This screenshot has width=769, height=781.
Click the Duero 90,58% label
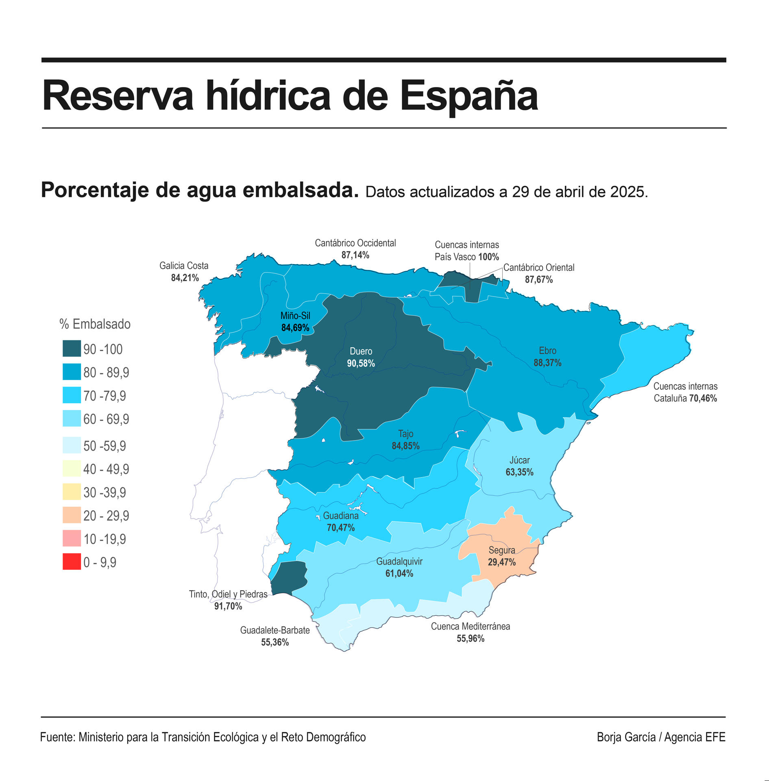(361, 357)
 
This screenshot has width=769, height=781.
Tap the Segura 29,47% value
(501, 562)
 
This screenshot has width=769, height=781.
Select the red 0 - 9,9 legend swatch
(72, 562)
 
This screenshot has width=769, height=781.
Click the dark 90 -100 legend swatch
(72, 349)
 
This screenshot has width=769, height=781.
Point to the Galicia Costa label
(184, 266)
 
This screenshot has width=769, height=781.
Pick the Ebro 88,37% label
(547, 357)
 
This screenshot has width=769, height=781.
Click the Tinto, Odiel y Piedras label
(228, 594)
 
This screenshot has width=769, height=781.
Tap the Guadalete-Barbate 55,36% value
(275, 642)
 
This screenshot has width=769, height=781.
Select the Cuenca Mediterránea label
(470, 626)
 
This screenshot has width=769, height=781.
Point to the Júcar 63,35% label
(519, 466)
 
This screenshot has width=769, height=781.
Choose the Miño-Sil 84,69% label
(295, 321)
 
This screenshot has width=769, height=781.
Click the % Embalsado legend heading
(95, 324)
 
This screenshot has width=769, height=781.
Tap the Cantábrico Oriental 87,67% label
(539, 273)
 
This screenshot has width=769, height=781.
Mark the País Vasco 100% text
(466, 257)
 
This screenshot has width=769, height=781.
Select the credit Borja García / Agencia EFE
(661, 737)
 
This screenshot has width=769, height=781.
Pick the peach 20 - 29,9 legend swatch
(72, 515)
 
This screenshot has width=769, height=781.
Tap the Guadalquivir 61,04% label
(399, 567)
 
